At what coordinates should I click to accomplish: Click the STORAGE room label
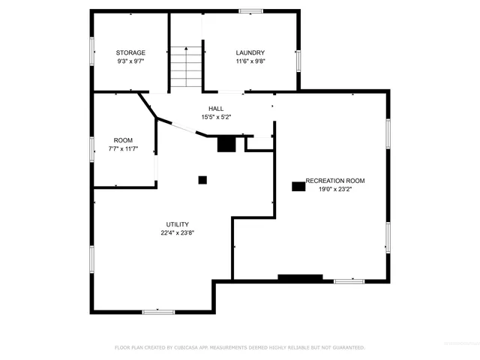click(x=130, y=52)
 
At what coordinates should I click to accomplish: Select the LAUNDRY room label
click(x=250, y=52)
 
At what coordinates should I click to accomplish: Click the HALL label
click(x=216, y=109)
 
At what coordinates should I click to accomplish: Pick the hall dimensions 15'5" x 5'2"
click(x=216, y=117)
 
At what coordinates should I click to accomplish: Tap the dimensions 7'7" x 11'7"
click(x=123, y=148)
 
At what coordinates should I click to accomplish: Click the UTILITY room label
click(x=178, y=224)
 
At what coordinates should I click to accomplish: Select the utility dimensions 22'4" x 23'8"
click(x=178, y=232)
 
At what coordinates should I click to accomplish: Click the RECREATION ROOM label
click(x=335, y=181)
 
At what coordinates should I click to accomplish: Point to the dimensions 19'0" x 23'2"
click(x=335, y=189)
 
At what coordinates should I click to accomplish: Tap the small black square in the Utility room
click(x=202, y=180)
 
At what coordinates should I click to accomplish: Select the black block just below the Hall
click(x=226, y=144)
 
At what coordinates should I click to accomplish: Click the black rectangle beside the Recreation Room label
click(x=298, y=185)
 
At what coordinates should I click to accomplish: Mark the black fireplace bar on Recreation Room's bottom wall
click(x=300, y=278)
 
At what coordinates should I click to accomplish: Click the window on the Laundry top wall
click(x=250, y=11)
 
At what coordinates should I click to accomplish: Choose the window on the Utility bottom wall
click(x=158, y=311)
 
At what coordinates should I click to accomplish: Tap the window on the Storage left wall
click(x=92, y=52)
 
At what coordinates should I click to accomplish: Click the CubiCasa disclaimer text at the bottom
click(x=239, y=348)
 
